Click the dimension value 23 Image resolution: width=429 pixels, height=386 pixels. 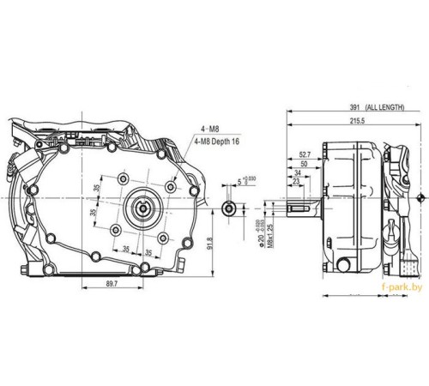297,181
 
